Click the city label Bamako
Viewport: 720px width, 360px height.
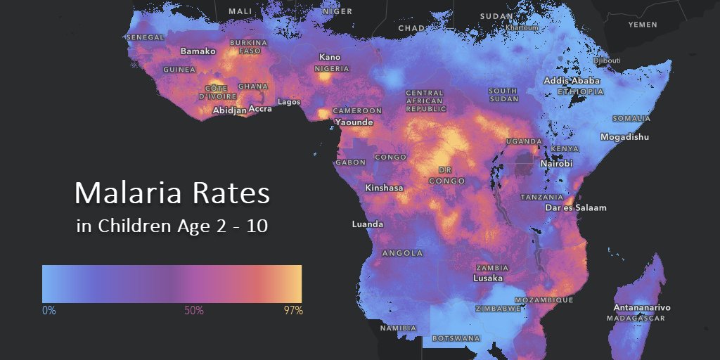[x=198, y=51]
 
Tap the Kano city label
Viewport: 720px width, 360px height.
[x=329, y=57]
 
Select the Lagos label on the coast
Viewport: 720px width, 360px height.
[x=289, y=102]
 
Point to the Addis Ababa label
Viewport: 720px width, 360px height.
[x=572, y=81]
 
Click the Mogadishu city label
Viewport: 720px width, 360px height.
[x=624, y=137]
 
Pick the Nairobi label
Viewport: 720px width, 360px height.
[x=556, y=163]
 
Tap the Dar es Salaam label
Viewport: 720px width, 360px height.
[x=575, y=208]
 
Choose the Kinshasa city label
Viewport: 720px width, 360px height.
[x=384, y=188]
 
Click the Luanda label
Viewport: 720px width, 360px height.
[x=368, y=224]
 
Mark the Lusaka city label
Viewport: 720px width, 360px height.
[x=487, y=278]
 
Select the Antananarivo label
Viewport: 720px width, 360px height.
[x=641, y=308]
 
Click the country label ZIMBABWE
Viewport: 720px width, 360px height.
[x=498, y=309]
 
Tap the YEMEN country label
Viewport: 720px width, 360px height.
[x=643, y=25]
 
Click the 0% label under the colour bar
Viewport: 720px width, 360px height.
[x=49, y=310]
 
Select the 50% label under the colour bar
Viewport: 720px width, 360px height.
[x=193, y=310]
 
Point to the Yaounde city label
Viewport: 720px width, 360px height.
[x=354, y=122]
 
